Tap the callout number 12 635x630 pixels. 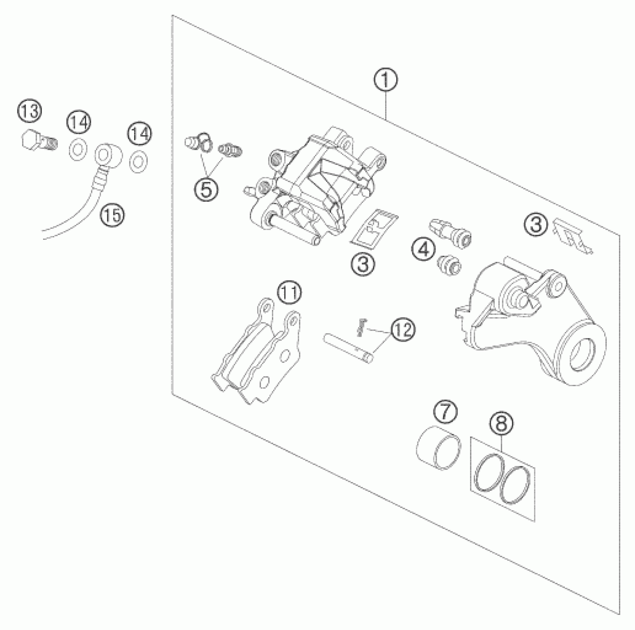[403, 329]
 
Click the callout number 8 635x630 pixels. [501, 423]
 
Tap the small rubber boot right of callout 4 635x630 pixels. [449, 265]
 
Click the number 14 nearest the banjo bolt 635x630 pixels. [79, 123]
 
